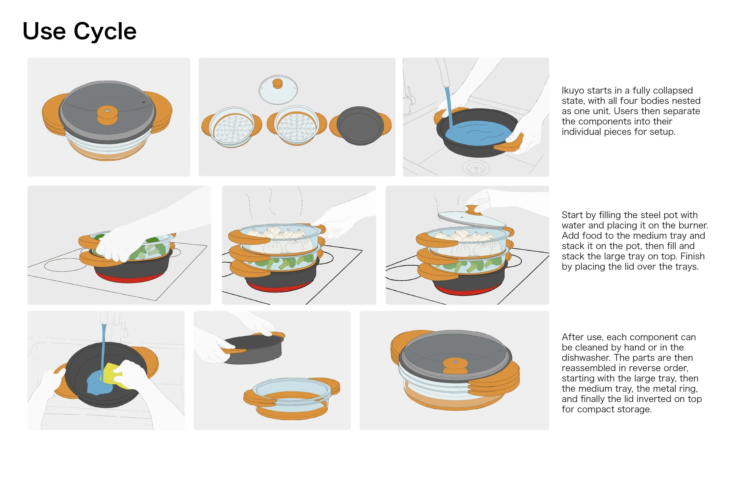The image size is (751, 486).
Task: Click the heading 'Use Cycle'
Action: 80,32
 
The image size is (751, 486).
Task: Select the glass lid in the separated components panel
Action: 278,90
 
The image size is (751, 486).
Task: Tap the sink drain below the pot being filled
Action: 476,168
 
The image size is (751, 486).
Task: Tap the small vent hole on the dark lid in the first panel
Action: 144,102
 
